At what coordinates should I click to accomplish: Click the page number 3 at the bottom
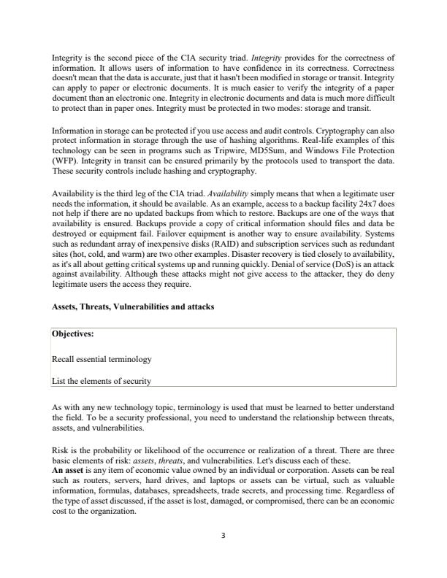point(223,535)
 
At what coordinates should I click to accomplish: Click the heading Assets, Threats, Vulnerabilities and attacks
point(133,307)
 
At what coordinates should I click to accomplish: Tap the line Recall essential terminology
point(102,360)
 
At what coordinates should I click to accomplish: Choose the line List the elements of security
point(102,380)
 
